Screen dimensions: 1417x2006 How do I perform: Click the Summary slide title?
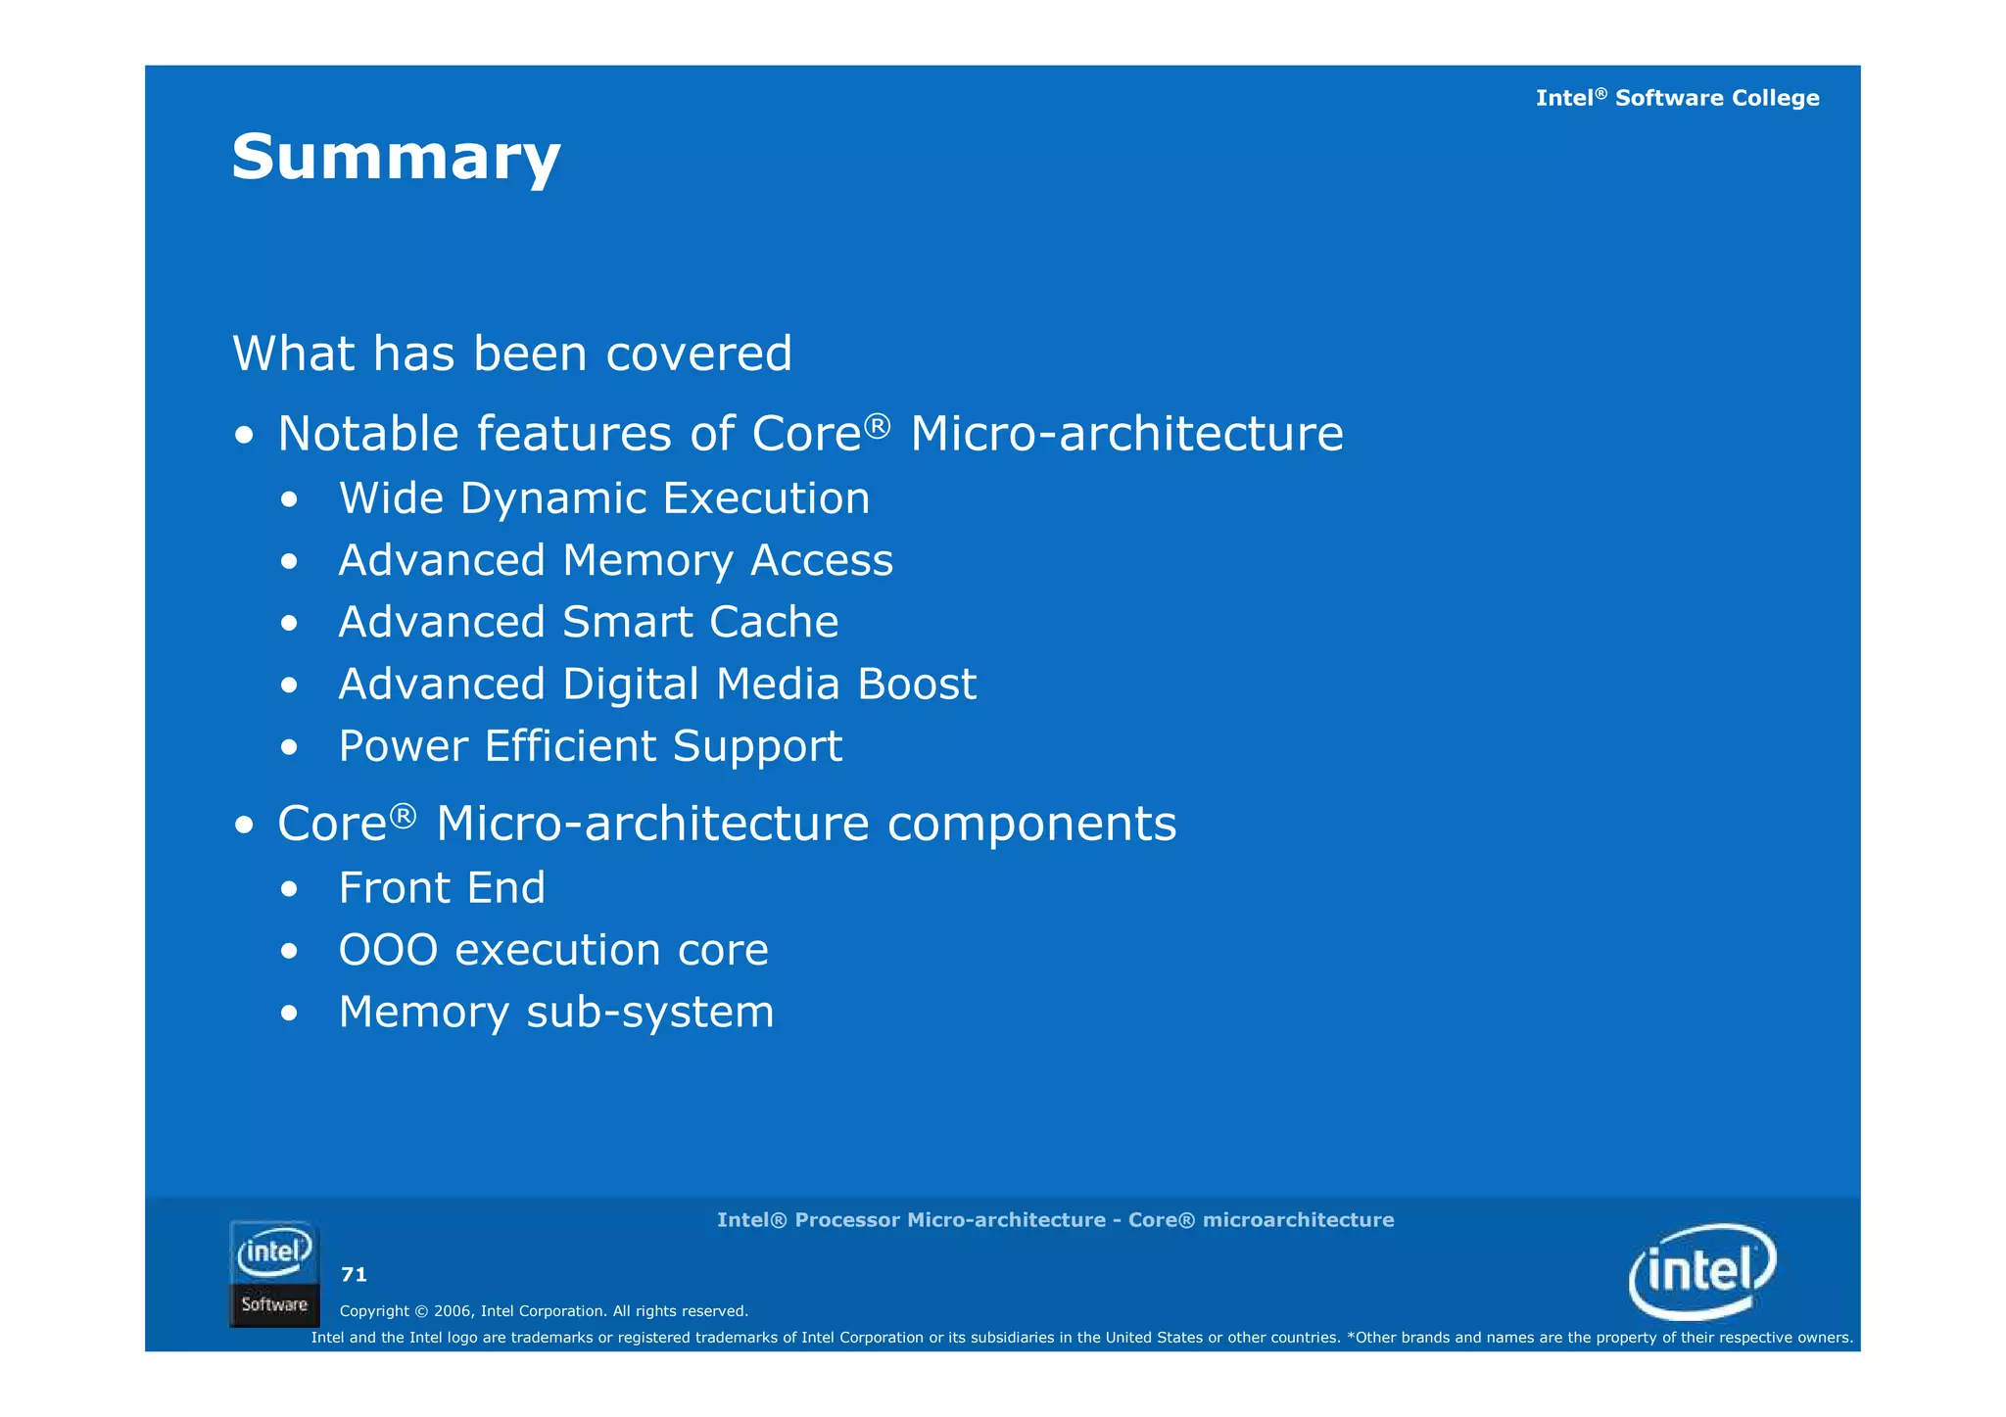(x=396, y=157)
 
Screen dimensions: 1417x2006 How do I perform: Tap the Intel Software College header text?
(x=1677, y=98)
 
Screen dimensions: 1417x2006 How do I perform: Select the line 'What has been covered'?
(x=511, y=354)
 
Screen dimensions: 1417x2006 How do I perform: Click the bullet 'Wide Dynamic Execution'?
(x=603, y=498)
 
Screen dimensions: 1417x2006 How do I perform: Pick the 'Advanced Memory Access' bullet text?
(x=615, y=560)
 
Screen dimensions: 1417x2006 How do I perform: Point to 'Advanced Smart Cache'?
(x=588, y=622)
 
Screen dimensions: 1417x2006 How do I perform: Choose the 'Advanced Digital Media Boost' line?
(x=657, y=684)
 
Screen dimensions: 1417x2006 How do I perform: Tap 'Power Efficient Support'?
(x=590, y=746)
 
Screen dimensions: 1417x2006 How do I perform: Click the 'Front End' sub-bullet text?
(x=441, y=888)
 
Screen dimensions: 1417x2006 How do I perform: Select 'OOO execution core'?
(x=553, y=950)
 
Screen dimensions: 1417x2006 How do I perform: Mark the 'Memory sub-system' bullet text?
(x=555, y=1012)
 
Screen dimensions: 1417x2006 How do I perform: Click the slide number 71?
(x=354, y=1274)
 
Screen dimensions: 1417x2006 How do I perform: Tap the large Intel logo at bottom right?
(x=1702, y=1271)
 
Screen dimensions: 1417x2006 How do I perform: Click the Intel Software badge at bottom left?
(x=274, y=1274)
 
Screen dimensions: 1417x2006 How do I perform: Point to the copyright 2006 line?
(x=544, y=1311)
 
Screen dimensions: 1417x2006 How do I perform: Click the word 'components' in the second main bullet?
(x=1031, y=824)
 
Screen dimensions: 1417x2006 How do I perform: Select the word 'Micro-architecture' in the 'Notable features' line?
(x=1126, y=434)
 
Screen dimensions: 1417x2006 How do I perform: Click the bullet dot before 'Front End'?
(x=288, y=890)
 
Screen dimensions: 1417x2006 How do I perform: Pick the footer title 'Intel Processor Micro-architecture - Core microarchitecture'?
(x=1055, y=1220)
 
